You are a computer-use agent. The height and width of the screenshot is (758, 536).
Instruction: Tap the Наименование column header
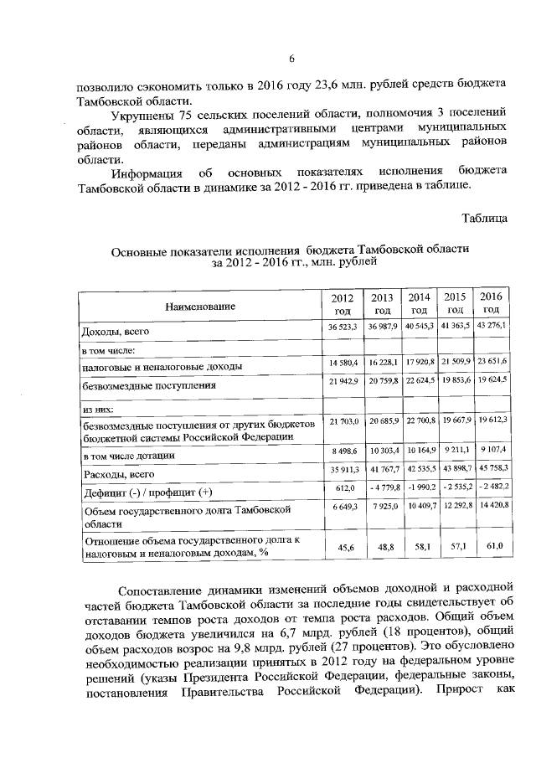199,306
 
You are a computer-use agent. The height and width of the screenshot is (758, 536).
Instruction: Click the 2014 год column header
418,303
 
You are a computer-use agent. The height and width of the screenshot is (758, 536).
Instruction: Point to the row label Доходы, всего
114,332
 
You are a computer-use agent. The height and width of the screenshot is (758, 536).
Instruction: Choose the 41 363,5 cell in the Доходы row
455,325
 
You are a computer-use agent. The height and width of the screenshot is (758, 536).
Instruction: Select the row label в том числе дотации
127,456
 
